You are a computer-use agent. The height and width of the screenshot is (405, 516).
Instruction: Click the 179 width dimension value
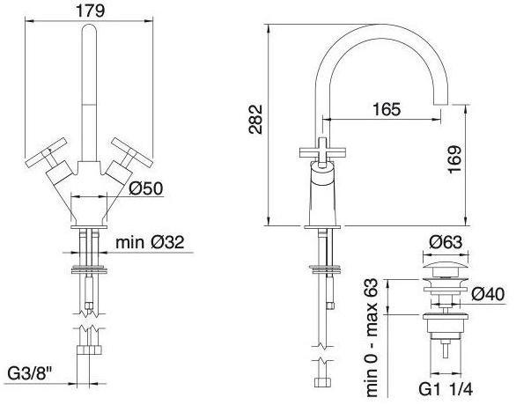tap(89, 12)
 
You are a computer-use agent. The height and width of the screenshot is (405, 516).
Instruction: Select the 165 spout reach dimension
tap(381, 110)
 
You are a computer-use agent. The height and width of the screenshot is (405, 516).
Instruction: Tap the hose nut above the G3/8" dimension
tap(88, 353)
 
